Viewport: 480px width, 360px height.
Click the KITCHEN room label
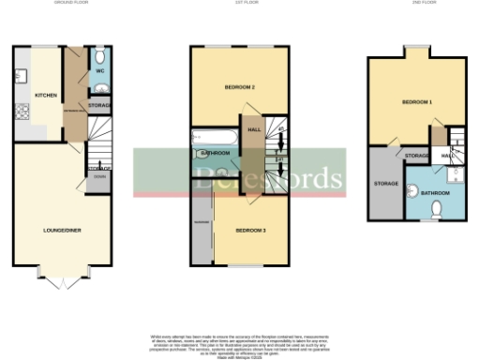pos(45,96)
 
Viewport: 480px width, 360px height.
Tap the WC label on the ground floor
pos(99,71)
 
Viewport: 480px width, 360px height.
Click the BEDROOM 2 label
pos(240,87)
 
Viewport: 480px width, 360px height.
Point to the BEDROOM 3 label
pos(250,230)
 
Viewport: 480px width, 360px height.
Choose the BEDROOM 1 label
pos(417,100)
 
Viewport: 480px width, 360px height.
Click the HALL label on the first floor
pos(253,129)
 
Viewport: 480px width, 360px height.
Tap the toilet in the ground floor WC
pos(101,89)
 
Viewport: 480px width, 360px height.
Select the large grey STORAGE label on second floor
pos(385,183)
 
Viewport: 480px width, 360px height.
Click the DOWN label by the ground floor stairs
pos(99,175)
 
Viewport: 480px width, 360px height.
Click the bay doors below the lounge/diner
pos(63,279)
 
